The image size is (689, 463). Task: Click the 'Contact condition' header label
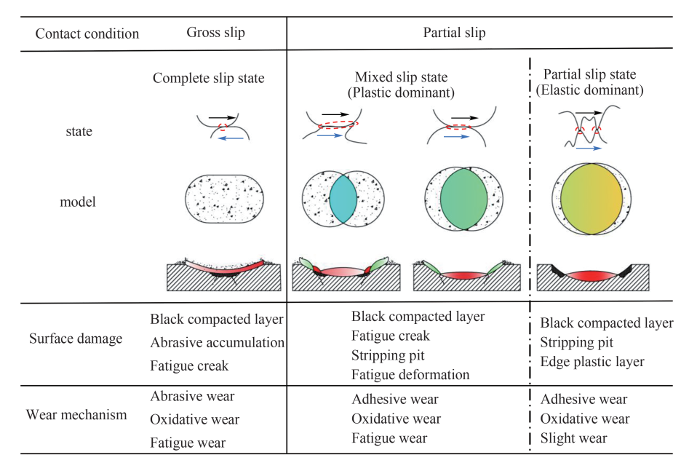click(x=87, y=33)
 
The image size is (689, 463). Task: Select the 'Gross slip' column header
click(x=216, y=33)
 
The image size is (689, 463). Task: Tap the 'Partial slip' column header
click(x=454, y=33)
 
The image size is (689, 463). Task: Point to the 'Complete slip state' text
click(x=208, y=79)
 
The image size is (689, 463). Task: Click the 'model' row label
click(x=78, y=202)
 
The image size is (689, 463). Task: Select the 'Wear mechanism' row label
click(x=76, y=415)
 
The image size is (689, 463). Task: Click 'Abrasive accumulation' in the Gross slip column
click(x=218, y=342)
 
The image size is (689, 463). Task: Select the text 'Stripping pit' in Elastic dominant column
click(x=577, y=342)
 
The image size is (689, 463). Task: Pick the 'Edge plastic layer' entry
click(x=592, y=361)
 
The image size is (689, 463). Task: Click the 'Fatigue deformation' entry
click(x=410, y=375)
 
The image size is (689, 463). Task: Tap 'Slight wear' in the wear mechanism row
click(x=574, y=438)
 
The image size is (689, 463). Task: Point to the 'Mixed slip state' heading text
click(x=402, y=77)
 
